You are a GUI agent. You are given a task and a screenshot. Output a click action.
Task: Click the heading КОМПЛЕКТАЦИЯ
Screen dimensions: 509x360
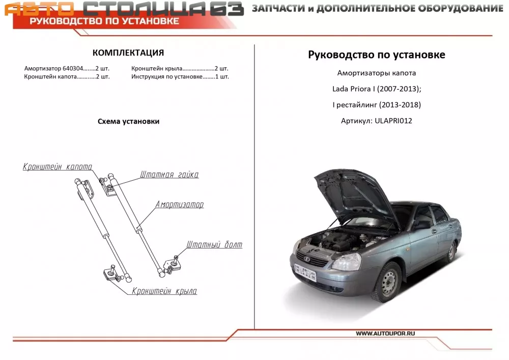click(128, 52)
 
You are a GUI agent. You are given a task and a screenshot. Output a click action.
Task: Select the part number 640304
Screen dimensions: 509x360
click(73, 69)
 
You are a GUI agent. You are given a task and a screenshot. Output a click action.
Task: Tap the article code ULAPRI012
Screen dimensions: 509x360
click(393, 121)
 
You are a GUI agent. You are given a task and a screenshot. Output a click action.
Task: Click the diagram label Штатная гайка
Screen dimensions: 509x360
click(169, 175)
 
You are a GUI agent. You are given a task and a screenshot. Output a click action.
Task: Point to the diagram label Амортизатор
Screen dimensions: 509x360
click(180, 205)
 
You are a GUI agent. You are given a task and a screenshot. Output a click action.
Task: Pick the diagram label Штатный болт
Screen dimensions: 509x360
click(214, 244)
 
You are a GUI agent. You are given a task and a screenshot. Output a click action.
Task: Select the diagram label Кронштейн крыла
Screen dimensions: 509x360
click(164, 291)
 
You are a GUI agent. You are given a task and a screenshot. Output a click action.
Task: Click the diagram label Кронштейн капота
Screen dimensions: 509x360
click(58, 167)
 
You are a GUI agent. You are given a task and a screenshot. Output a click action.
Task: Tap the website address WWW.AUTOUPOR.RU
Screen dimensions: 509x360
click(385, 334)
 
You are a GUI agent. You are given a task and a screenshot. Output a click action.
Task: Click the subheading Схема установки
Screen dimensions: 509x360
click(129, 121)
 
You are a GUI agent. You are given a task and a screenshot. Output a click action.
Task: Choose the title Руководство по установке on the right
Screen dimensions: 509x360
click(377, 55)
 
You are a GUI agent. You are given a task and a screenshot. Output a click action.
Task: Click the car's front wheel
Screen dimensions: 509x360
click(388, 283)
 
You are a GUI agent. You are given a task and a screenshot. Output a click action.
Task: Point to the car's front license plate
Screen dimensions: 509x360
click(305, 272)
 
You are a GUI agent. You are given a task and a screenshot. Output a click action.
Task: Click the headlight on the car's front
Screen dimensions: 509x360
click(347, 261)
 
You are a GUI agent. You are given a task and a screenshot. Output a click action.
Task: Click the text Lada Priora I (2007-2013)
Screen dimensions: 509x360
click(377, 89)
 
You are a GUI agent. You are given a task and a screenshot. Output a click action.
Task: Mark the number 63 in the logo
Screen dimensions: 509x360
click(227, 9)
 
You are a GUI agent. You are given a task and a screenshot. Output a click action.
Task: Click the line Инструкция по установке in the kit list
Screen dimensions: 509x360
click(167, 77)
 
